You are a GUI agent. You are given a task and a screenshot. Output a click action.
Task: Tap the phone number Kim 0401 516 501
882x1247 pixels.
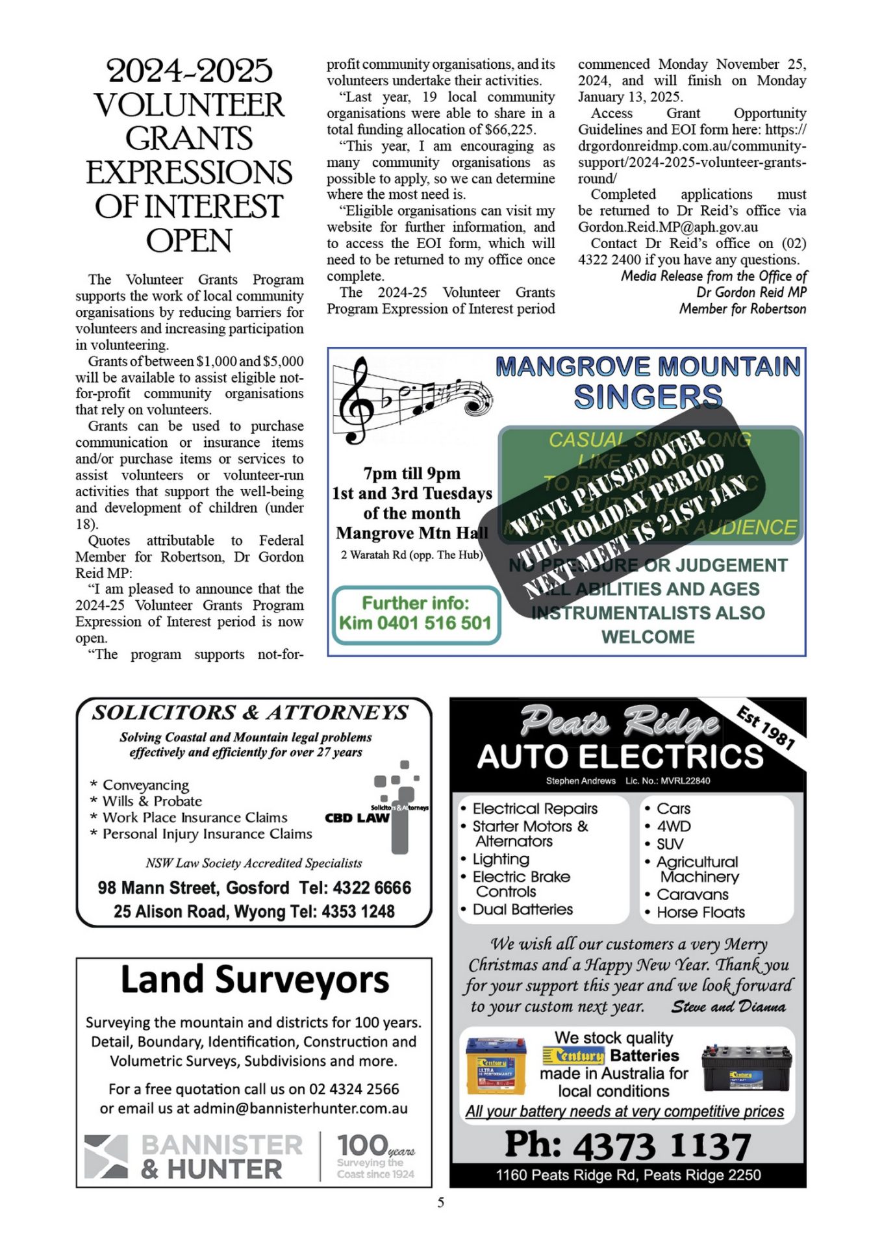(415, 623)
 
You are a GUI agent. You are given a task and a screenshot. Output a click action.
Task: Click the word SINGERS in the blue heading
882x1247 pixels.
(648, 397)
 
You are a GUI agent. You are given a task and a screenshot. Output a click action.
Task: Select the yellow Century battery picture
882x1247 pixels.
(496, 1066)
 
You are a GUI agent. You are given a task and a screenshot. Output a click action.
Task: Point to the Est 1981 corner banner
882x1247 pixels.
(766, 728)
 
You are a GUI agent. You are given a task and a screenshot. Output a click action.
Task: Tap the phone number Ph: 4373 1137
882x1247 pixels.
(627, 1145)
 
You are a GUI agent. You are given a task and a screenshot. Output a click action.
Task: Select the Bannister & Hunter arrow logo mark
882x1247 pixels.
(106, 1157)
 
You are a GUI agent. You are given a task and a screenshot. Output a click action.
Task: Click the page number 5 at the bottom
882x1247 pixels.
(441, 1202)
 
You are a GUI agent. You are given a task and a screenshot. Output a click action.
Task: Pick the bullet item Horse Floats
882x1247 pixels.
(700, 912)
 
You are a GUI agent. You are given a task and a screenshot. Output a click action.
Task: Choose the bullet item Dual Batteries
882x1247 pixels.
(522, 909)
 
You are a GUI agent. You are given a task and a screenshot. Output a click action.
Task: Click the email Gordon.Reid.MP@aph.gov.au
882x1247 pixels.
(668, 227)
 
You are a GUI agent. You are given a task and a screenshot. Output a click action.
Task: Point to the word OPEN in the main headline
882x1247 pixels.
(189, 241)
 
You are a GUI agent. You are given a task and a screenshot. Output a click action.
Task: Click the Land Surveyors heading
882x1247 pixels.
(255, 980)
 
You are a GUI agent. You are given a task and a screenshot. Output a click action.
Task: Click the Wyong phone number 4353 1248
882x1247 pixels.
(359, 911)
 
